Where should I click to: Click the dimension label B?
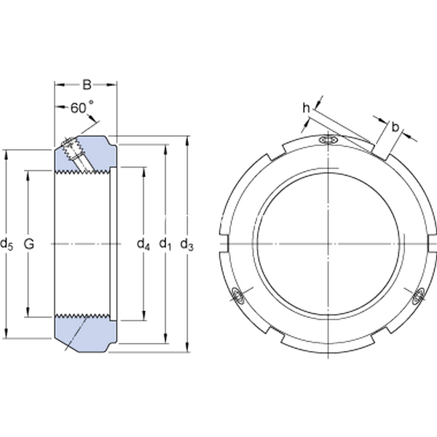point(87,84)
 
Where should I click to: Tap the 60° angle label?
point(82,108)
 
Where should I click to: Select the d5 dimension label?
point(7,244)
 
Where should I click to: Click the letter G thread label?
point(29,244)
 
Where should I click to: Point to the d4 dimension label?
point(143,244)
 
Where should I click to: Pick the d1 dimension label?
point(165,244)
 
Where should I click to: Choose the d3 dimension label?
point(186,244)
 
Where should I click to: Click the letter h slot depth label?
point(307,108)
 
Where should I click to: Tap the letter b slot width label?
point(395,127)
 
